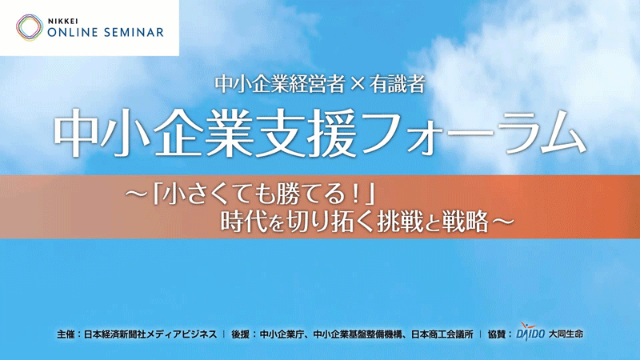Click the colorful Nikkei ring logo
29,27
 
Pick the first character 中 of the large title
78,130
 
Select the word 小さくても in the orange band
207,194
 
